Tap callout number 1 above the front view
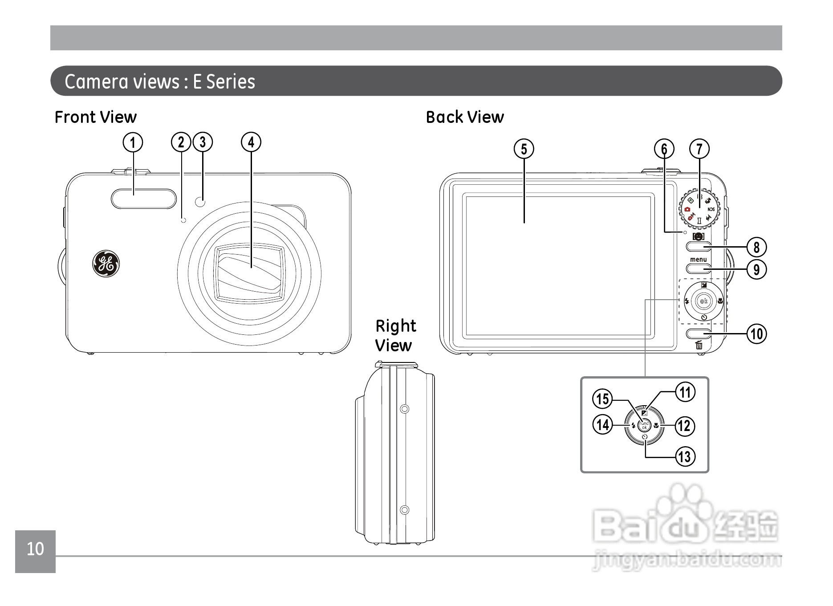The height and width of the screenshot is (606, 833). point(133,142)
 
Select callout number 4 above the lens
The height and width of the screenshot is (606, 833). point(251,142)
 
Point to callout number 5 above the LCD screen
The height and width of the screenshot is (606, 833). point(524,149)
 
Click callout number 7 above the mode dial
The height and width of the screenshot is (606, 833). point(699,149)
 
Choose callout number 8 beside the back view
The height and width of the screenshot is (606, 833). point(756,247)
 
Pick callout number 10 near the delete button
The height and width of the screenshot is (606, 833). point(756,334)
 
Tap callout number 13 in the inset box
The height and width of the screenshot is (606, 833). point(684,457)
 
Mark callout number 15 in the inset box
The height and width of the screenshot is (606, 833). point(602,399)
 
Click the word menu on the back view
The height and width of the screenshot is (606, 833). point(698,260)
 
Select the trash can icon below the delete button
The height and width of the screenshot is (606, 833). point(699,345)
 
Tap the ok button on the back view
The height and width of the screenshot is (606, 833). point(703,301)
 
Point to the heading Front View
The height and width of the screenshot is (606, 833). point(95,117)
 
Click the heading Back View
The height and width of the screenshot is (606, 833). point(465,117)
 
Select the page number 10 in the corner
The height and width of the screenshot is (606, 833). point(35,549)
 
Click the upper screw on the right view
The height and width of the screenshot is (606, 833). point(404,408)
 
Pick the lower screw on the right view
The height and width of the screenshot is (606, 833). point(404,509)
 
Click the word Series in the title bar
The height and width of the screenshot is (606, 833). point(231,81)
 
